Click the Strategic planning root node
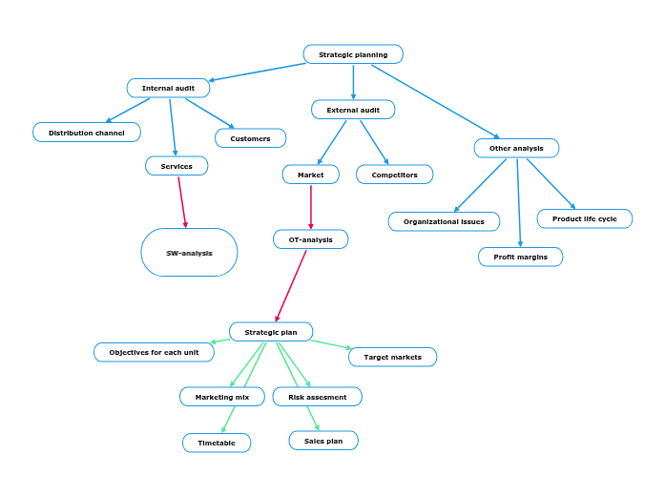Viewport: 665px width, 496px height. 353,54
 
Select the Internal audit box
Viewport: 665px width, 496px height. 168,88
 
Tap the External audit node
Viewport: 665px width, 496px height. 353,110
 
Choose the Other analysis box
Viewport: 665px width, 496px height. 516,148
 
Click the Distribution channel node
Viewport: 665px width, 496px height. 87,133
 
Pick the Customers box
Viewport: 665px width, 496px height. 250,138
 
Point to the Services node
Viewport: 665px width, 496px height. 177,166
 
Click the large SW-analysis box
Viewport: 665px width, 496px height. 189,253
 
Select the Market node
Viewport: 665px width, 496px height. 311,175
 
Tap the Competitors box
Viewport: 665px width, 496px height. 394,175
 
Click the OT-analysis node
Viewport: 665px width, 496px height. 310,239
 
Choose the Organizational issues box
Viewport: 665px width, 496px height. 444,221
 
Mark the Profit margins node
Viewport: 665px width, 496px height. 520,257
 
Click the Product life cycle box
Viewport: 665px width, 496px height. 584,218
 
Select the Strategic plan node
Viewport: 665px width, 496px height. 271,332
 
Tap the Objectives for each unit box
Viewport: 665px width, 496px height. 154,352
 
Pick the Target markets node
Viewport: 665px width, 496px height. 392,357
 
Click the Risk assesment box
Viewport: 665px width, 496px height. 317,397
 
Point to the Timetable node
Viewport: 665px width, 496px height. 217,443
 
